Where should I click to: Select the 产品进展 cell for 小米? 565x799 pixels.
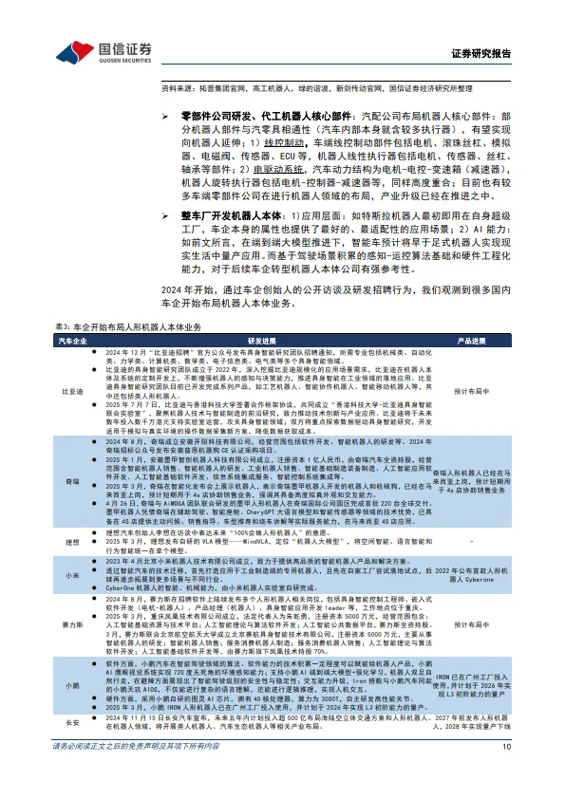tap(472, 575)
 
